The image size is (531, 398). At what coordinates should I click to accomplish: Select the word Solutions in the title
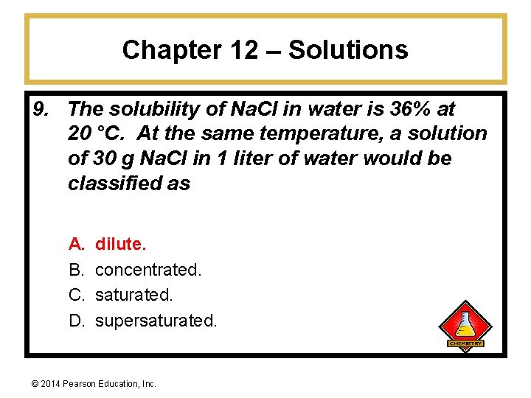348,50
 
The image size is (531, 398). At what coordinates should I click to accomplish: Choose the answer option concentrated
148,270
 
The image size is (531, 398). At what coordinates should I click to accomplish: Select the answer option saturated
134,296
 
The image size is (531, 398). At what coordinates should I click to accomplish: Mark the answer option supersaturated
156,321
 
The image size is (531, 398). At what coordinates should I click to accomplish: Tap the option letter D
76,321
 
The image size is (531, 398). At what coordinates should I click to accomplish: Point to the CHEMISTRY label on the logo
465,343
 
